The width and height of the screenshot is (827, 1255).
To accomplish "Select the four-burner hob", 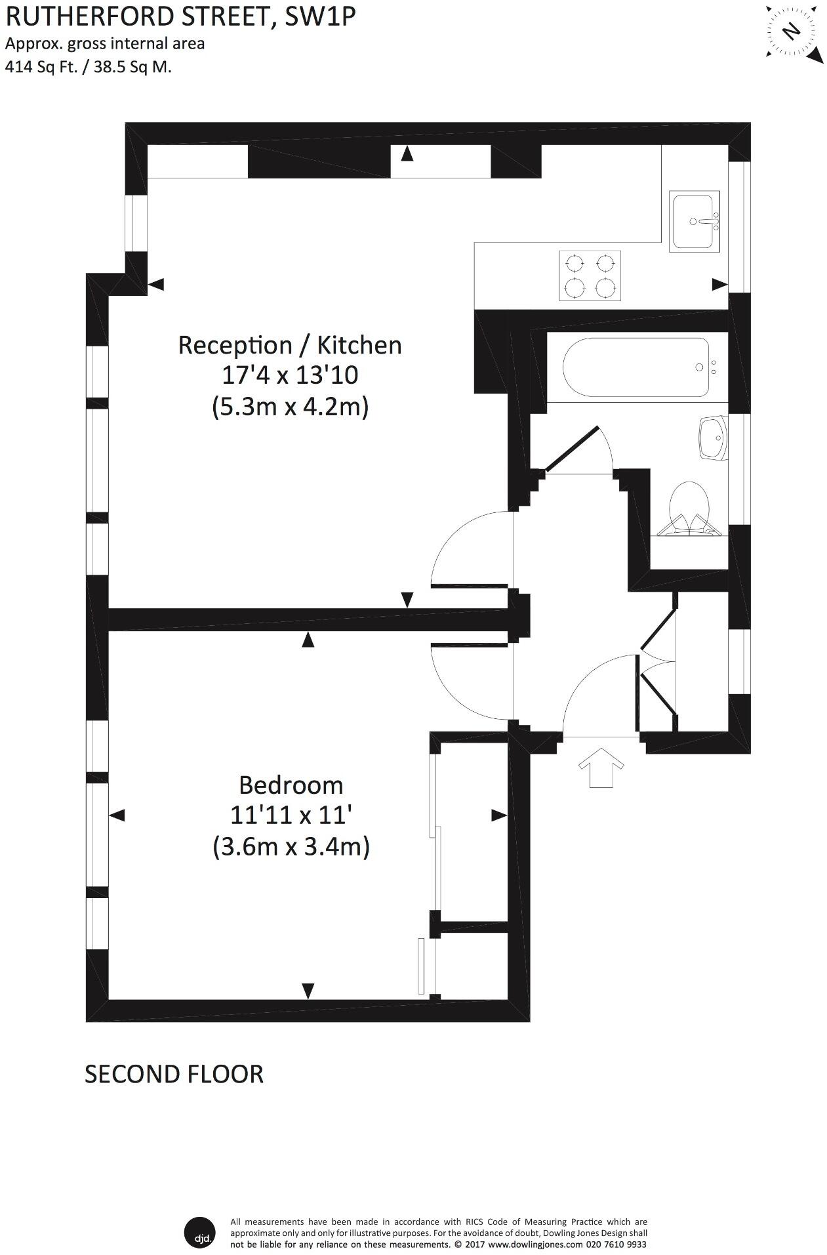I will click(x=590, y=276).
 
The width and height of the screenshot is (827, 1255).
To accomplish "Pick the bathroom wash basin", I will click(x=712, y=437).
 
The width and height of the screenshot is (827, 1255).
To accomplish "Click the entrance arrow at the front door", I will click(x=601, y=768).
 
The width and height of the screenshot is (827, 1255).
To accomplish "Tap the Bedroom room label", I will click(x=291, y=785).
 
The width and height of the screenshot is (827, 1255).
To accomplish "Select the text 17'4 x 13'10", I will click(x=289, y=375).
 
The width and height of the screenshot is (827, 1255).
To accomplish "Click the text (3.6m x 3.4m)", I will click(x=291, y=847).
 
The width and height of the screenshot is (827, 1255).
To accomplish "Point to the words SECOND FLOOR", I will click(x=174, y=1074).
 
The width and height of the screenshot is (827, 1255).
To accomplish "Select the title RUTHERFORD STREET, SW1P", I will click(x=180, y=16).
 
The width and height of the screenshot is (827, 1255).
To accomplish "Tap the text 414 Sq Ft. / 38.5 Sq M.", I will click(x=89, y=66).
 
